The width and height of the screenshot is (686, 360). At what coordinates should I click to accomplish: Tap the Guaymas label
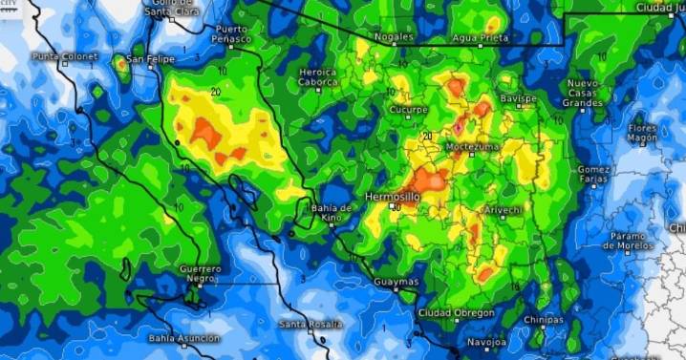(396, 283)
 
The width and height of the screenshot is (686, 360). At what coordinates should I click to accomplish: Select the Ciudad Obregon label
(457, 313)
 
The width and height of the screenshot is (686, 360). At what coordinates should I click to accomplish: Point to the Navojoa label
(487, 342)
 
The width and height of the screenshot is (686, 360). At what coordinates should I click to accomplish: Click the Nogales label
(394, 37)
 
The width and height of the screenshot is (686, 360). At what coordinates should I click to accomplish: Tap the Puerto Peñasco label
(232, 34)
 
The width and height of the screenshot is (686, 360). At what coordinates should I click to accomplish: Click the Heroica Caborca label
(318, 76)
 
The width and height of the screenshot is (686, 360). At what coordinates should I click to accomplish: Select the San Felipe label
(151, 59)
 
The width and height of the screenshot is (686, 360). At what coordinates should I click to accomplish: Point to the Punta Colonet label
(65, 56)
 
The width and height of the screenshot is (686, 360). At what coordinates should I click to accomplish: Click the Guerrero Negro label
(201, 274)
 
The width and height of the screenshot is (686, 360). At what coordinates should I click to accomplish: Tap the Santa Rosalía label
(311, 324)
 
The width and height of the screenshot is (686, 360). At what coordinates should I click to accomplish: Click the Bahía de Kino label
(331, 214)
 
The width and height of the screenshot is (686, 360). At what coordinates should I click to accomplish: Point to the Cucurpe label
(408, 110)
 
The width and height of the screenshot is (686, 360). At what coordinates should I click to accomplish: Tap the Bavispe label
(518, 98)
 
